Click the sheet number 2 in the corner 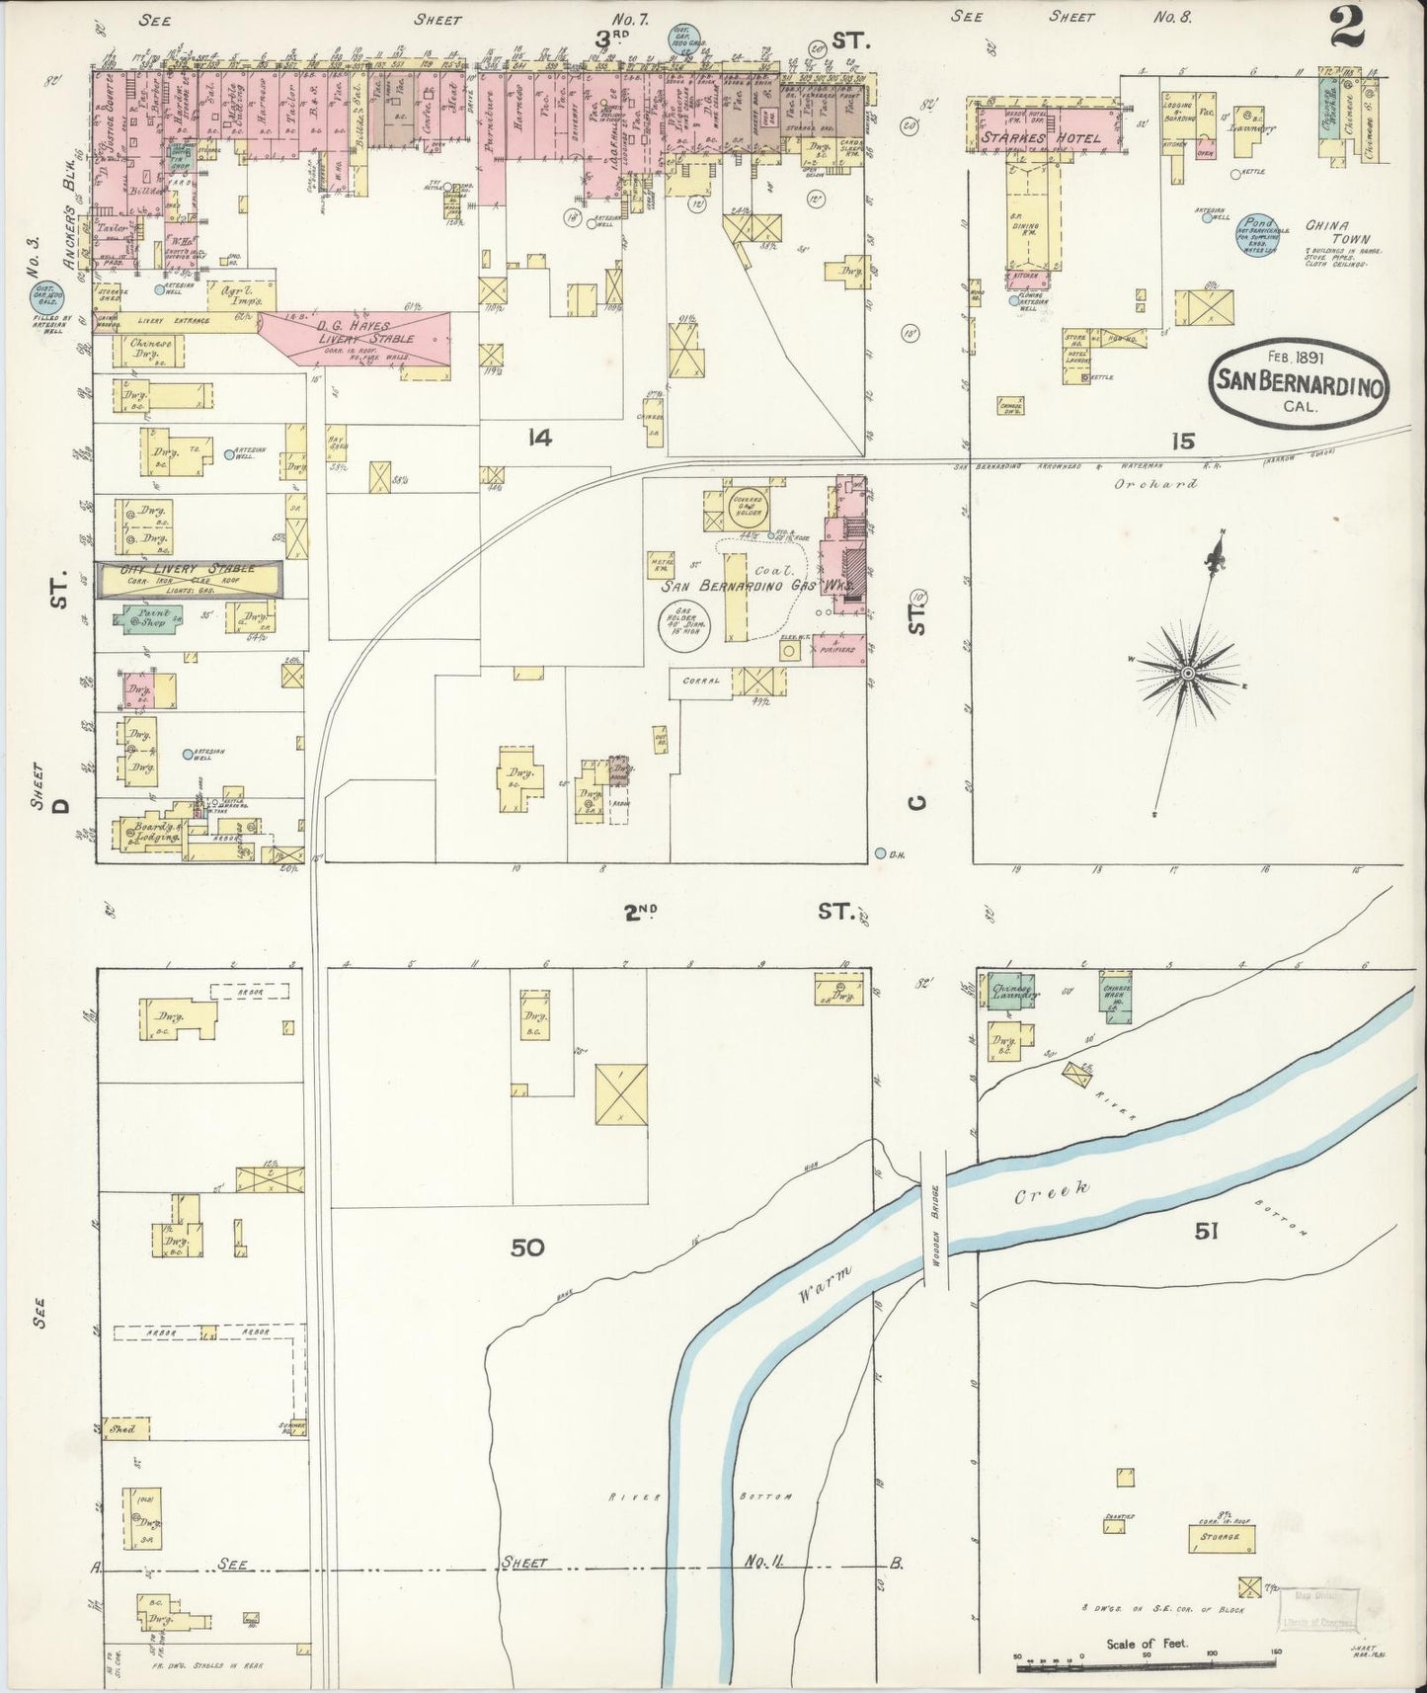tap(1347, 27)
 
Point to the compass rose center tap(1187, 673)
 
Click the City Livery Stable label tap(188, 570)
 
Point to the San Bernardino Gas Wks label tap(741, 586)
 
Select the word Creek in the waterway tap(1053, 1192)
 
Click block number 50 tap(527, 1249)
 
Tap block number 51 tap(1207, 1231)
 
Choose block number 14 tap(538, 437)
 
